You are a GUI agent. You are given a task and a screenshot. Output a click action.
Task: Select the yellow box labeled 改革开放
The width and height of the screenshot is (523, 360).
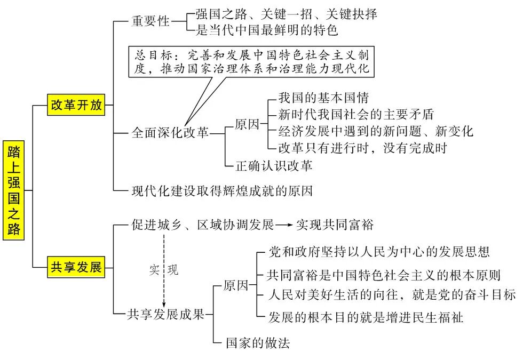(76, 105)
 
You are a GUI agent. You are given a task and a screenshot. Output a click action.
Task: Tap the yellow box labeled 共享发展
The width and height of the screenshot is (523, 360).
(76, 267)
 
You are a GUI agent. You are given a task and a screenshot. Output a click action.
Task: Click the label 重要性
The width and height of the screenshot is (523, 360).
(150, 21)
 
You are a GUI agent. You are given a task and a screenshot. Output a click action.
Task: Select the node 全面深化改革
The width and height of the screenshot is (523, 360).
(170, 133)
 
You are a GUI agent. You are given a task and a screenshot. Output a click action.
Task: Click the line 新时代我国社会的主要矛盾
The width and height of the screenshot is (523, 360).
(356, 114)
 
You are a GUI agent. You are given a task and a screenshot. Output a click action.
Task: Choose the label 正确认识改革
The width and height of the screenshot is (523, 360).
(274, 165)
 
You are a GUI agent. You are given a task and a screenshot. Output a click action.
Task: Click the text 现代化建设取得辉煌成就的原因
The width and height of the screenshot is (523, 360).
(222, 190)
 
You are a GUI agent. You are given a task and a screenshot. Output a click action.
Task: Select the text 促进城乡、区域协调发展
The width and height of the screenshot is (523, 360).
(203, 225)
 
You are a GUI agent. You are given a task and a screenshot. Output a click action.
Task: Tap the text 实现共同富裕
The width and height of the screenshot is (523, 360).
(335, 225)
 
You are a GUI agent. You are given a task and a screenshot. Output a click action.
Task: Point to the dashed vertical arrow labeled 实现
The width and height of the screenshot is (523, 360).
(164, 269)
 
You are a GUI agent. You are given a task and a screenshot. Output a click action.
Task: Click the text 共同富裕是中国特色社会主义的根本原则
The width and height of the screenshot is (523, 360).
(384, 276)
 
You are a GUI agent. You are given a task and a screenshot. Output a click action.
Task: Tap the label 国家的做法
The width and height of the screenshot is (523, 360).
(258, 343)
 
